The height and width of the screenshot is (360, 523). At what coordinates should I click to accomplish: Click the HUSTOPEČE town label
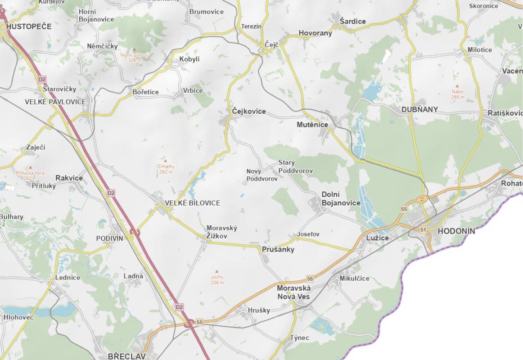[29, 27]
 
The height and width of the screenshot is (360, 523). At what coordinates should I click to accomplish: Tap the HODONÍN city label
[456, 231]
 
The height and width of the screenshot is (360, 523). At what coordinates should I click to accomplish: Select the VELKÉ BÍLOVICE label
[193, 203]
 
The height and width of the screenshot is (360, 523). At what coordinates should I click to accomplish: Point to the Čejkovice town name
[249, 111]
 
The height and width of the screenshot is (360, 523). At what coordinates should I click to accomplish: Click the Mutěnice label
[312, 124]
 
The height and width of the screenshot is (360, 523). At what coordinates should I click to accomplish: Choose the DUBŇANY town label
[419, 109]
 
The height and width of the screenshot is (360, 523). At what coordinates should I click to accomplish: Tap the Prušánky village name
[278, 249]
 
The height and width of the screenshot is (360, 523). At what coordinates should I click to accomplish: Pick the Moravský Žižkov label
[221, 232]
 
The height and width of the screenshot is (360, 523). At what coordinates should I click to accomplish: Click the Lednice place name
[68, 277]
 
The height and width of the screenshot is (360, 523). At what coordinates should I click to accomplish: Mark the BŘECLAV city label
[127, 356]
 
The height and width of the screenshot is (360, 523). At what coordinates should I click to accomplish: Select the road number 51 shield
[423, 230]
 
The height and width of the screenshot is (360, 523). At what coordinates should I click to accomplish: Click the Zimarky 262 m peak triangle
[165, 161]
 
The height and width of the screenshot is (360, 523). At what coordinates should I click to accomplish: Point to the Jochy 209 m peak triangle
[217, 271]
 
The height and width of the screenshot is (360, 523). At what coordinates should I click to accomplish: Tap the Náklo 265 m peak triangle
[458, 86]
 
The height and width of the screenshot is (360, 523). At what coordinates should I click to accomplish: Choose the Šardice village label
[353, 21]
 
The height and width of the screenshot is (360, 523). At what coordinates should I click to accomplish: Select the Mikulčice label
[354, 278]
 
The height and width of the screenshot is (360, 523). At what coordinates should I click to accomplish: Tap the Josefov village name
[308, 234]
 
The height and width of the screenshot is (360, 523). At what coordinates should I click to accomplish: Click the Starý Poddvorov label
[295, 166]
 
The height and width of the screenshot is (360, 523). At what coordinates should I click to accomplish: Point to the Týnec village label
[299, 337]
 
